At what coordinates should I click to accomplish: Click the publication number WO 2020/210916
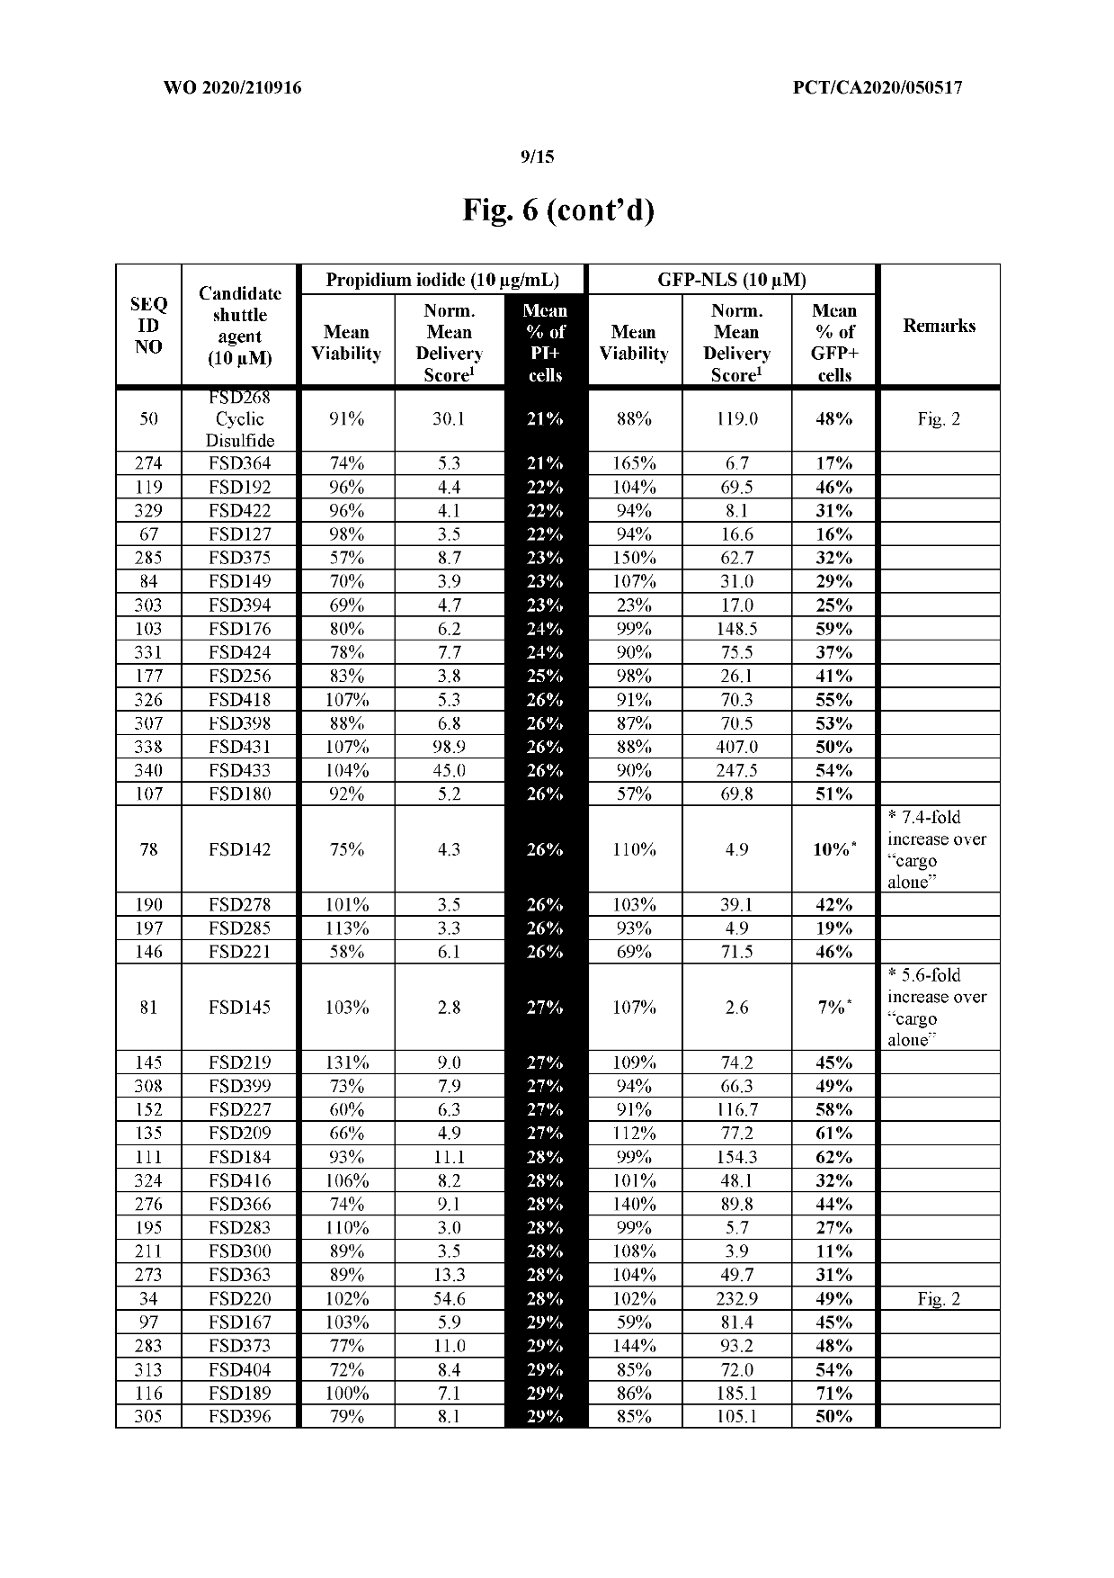[x=232, y=87]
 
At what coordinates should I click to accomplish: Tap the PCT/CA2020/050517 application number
[x=878, y=87]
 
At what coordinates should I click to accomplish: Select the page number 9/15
[x=538, y=157]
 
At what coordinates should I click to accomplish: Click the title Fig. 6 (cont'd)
[x=558, y=211]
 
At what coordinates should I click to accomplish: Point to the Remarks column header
[x=939, y=326]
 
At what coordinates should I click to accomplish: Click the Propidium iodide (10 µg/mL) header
[x=442, y=280]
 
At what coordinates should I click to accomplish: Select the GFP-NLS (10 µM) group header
[x=732, y=280]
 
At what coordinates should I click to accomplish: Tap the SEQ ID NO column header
[x=148, y=326]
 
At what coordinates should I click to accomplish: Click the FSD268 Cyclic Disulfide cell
[x=239, y=419]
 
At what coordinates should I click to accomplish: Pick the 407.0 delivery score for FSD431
[x=736, y=747]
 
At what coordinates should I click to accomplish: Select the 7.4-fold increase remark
[x=937, y=849]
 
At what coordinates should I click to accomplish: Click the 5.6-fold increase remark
[x=937, y=1008]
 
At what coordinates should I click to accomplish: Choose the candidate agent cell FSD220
[x=239, y=1298]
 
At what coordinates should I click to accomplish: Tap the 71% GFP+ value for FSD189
[x=833, y=1393]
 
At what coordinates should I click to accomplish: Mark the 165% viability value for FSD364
[x=634, y=463]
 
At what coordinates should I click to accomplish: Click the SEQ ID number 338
[x=148, y=747]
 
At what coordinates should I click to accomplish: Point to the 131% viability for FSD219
[x=346, y=1062]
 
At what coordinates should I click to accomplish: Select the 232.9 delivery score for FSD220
[x=736, y=1298]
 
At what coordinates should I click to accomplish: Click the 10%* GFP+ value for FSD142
[x=833, y=849]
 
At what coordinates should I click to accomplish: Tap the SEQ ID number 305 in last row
[x=148, y=1416]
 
